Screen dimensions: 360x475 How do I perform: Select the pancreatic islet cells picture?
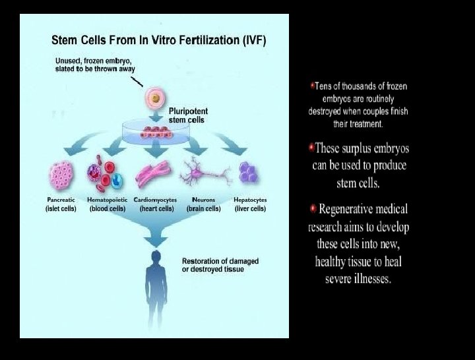pyautogui.click(x=61, y=176)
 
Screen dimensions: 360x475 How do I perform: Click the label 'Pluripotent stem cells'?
pyautogui.click(x=187, y=115)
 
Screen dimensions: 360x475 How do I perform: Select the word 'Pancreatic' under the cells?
pyautogui.click(x=61, y=199)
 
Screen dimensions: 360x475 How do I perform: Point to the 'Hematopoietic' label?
pyautogui.click(x=107, y=199)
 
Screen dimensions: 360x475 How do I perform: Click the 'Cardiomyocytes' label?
pyautogui.click(x=156, y=199)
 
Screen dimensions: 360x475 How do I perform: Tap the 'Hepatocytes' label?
pyautogui.click(x=250, y=199)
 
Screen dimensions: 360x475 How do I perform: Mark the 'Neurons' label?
pyautogui.click(x=203, y=199)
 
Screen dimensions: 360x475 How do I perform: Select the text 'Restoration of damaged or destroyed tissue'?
pyautogui.click(x=220, y=265)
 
